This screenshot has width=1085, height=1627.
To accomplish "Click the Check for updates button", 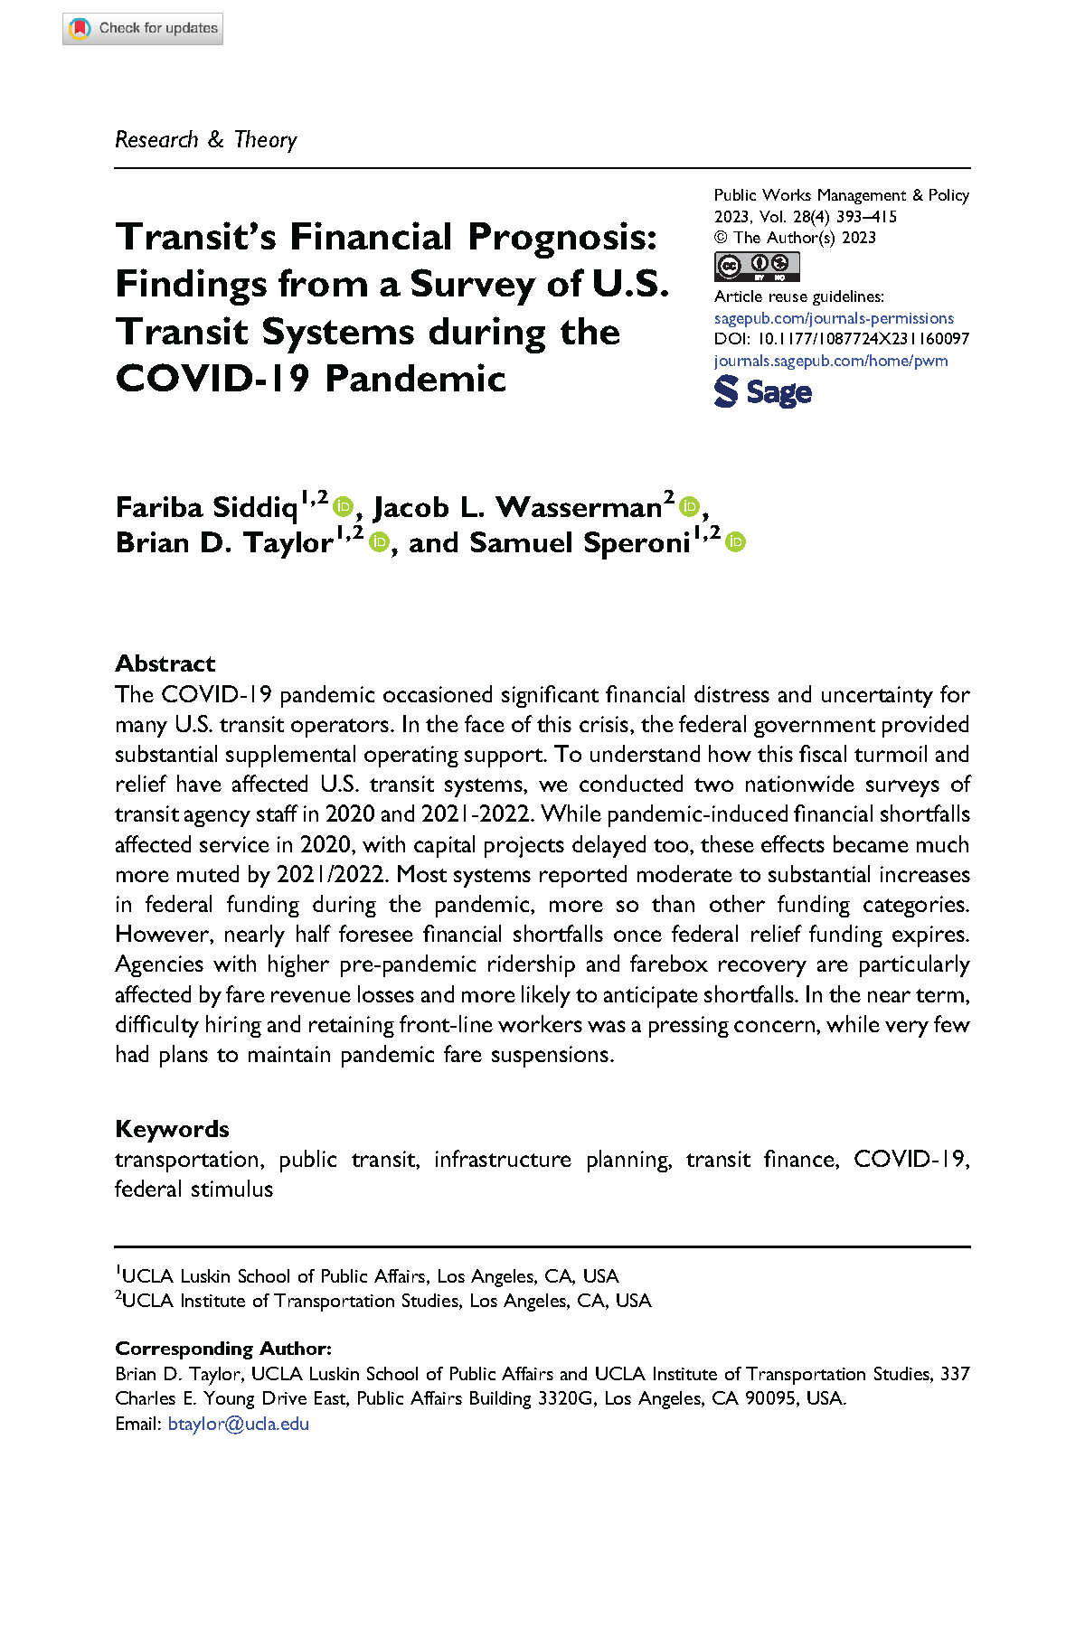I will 143,29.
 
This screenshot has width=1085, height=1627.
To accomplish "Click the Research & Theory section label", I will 206,140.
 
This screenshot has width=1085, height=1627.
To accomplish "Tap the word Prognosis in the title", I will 561,237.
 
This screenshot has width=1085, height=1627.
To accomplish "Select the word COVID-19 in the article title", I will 212,379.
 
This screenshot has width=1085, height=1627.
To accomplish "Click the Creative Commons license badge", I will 757,267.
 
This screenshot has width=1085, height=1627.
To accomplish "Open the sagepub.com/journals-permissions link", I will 834,318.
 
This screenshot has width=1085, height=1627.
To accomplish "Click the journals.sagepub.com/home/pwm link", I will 831,361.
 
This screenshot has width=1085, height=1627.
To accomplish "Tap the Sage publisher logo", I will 763,392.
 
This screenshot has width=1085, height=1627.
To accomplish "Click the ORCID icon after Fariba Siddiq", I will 343,507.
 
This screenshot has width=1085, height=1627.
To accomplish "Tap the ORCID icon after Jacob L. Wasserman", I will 690,507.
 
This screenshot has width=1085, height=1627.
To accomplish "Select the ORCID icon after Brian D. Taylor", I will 379,542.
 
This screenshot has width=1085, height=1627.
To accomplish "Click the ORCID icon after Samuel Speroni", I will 736,542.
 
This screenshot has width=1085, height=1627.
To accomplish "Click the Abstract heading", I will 165,663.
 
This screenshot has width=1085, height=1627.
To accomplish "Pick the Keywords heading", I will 172,1129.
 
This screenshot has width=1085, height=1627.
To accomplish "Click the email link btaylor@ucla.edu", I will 239,1424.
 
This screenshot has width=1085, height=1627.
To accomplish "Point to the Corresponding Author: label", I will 223,1349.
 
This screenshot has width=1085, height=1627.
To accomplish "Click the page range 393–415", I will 866,217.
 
